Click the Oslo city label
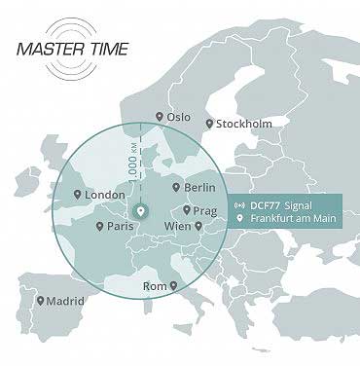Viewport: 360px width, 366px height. click(179, 117)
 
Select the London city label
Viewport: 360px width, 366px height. click(106, 195)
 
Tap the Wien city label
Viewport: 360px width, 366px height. click(178, 226)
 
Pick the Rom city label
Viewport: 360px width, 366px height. click(156, 286)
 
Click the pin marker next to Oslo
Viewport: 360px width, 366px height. click(161, 117)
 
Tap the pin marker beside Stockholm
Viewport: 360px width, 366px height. click(210, 124)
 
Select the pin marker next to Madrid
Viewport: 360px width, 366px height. click(40, 300)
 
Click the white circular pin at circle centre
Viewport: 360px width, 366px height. click(140, 210)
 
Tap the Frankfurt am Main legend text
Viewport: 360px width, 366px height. click(295, 220)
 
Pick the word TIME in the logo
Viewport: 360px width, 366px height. click(106, 48)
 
